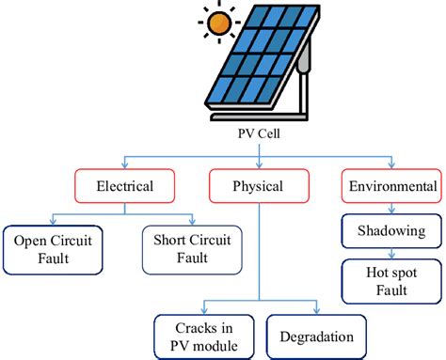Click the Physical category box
point(257,186)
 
